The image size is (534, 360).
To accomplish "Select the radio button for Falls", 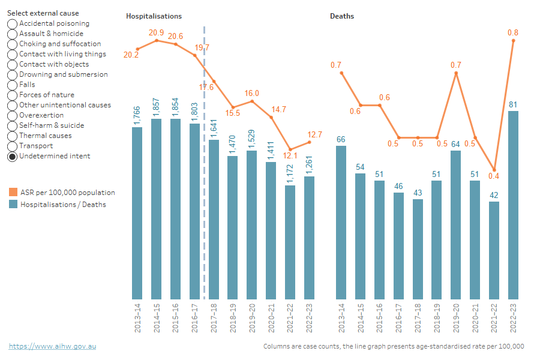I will (12, 85).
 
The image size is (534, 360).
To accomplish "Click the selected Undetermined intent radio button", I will (12, 157).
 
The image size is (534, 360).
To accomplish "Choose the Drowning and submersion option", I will (12, 75).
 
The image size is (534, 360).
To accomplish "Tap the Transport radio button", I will (12, 146).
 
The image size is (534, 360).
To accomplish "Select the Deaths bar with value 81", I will (514, 205).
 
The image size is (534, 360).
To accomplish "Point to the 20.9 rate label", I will (157, 32).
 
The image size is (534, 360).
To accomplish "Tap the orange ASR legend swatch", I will (13, 193).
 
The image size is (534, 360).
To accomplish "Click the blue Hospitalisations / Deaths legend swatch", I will (13, 205).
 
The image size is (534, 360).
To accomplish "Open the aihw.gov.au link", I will (52, 346).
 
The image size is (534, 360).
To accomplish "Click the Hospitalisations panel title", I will (154, 16).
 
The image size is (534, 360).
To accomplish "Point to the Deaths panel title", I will (342, 16).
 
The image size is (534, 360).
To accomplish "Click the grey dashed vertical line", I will (205, 180).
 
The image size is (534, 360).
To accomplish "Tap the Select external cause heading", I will (43, 13).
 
